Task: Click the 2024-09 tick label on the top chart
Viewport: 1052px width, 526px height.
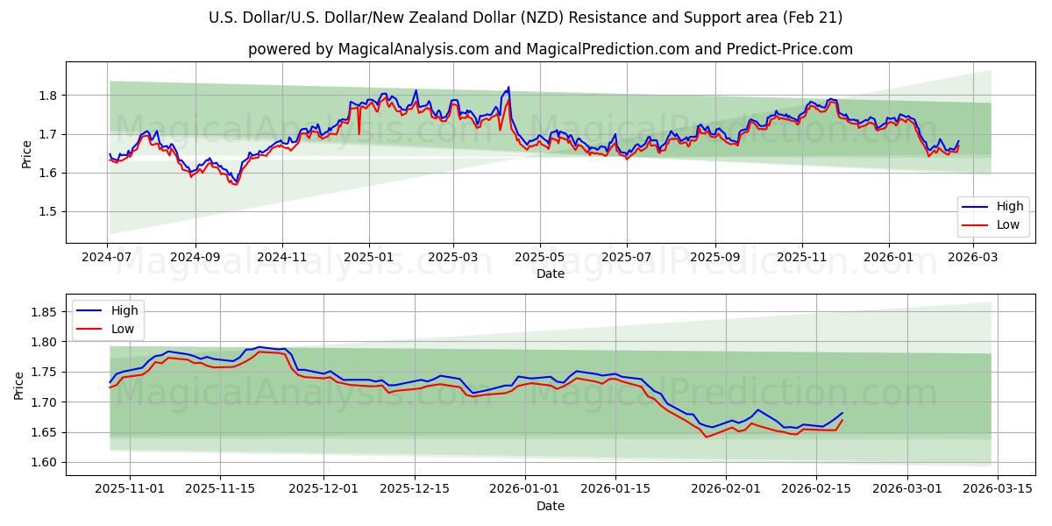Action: [x=195, y=258]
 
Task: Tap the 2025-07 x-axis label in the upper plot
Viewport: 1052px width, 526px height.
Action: [x=626, y=258]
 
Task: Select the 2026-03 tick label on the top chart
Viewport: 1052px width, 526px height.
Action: [x=972, y=258]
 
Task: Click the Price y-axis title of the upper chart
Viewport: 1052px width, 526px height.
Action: [x=26, y=154]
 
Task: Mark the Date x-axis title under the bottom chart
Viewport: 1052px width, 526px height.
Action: [x=550, y=506]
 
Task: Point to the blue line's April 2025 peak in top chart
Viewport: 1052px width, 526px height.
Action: [x=508, y=87]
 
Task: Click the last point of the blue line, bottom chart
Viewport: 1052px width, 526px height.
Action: [x=842, y=413]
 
